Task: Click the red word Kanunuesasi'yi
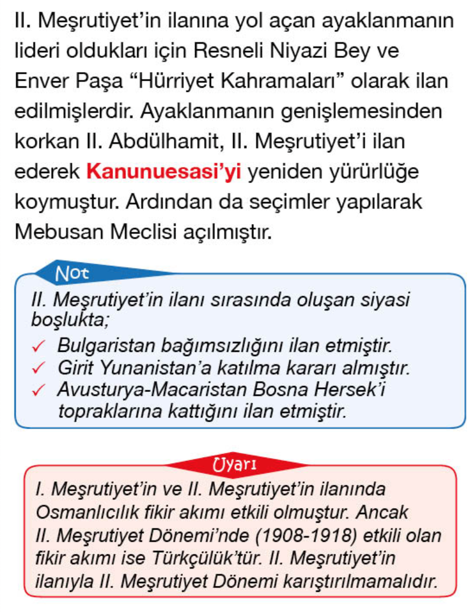pyautogui.click(x=163, y=171)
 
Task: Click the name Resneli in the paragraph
pyautogui.click(x=239, y=51)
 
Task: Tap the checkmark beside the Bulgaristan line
pyautogui.click(x=39, y=347)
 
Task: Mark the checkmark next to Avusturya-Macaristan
pyautogui.click(x=39, y=390)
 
